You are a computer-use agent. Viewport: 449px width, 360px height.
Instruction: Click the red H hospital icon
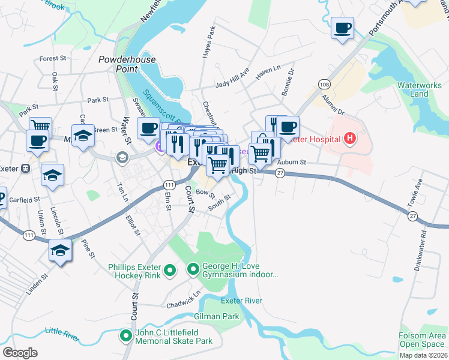350,140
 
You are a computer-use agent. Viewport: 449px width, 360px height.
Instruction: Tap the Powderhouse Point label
127,64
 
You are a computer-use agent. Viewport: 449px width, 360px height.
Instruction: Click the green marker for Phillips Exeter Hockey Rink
170,271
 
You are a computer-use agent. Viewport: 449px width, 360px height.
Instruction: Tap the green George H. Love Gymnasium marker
193,270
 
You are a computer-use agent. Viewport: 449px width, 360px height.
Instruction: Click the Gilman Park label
216,316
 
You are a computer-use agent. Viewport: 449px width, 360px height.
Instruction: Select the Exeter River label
241,300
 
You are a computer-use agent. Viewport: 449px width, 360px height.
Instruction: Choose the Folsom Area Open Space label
423,340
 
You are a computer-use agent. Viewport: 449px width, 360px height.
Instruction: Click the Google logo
20,352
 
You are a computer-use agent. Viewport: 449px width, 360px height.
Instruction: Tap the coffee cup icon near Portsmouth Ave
343,28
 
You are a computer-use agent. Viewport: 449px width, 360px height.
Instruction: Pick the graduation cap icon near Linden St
60,250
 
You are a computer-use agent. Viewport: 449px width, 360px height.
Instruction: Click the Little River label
62,334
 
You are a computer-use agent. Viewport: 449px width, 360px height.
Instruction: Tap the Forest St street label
53,59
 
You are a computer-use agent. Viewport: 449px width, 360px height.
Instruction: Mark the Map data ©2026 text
423,355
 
